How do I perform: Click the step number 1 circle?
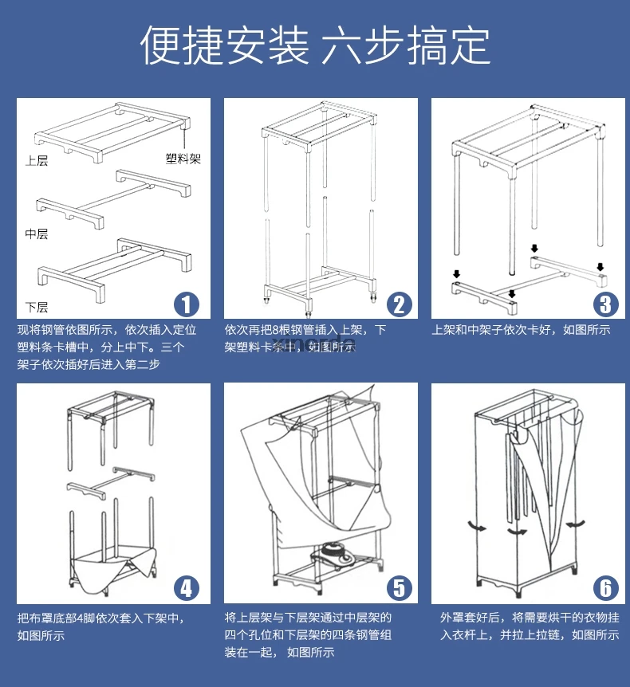coord(186,304)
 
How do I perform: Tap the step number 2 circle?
coord(398,304)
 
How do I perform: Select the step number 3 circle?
coord(605,304)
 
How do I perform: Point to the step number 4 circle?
coord(186,588)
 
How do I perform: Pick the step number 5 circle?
coord(398,588)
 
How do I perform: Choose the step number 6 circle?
coord(605,588)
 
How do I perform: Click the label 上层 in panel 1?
coord(37,161)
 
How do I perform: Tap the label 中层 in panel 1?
coord(37,234)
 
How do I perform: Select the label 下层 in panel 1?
coord(37,307)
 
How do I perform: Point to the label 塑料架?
coord(183,159)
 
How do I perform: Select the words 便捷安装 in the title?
coord(225,45)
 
